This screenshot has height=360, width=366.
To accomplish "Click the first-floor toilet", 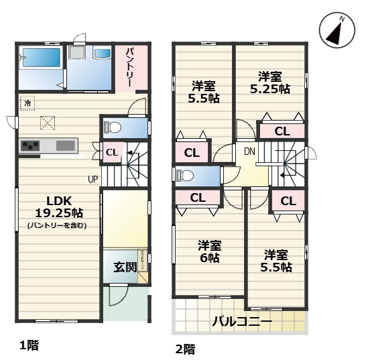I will click(113, 125).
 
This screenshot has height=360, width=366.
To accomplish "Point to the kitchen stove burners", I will click(31, 145).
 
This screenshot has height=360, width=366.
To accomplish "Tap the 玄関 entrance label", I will click(125, 267).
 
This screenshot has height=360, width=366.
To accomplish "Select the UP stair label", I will click(92, 179).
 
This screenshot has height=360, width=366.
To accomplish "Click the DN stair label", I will click(249, 151).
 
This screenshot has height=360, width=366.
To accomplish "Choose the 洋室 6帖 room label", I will click(209, 251).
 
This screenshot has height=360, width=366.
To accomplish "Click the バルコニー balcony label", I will click(242, 322).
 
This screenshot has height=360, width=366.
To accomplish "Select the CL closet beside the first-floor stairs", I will click(111, 152).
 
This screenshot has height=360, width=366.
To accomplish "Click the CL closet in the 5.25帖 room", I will click(282, 131).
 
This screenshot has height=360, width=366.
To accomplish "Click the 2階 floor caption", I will click(186, 349).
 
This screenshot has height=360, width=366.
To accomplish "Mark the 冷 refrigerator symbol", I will click(28, 103).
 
